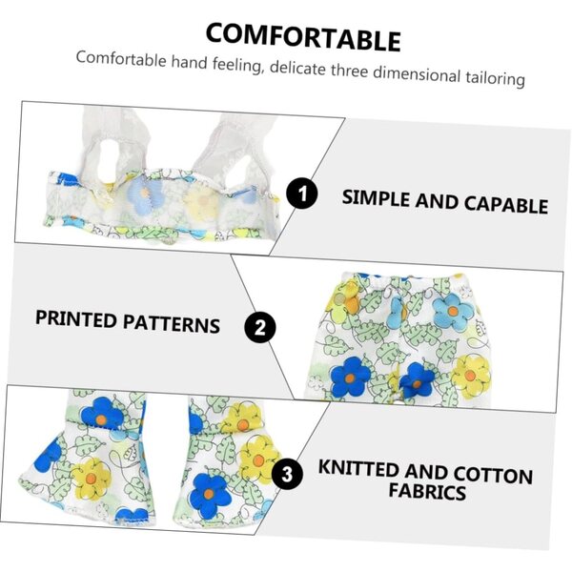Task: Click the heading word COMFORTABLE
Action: point(303,37)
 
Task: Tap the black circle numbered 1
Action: point(301,194)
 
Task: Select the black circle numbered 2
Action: point(259,327)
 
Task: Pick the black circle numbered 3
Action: point(287,474)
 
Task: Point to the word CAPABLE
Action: point(506,204)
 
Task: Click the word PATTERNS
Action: point(171,322)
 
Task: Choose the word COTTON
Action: point(493,474)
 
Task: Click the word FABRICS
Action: point(427,491)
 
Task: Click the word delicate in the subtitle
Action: point(297,68)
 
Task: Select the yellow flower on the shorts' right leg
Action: point(471,376)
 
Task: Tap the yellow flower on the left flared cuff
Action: point(92,478)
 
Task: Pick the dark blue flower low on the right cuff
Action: point(209,495)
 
